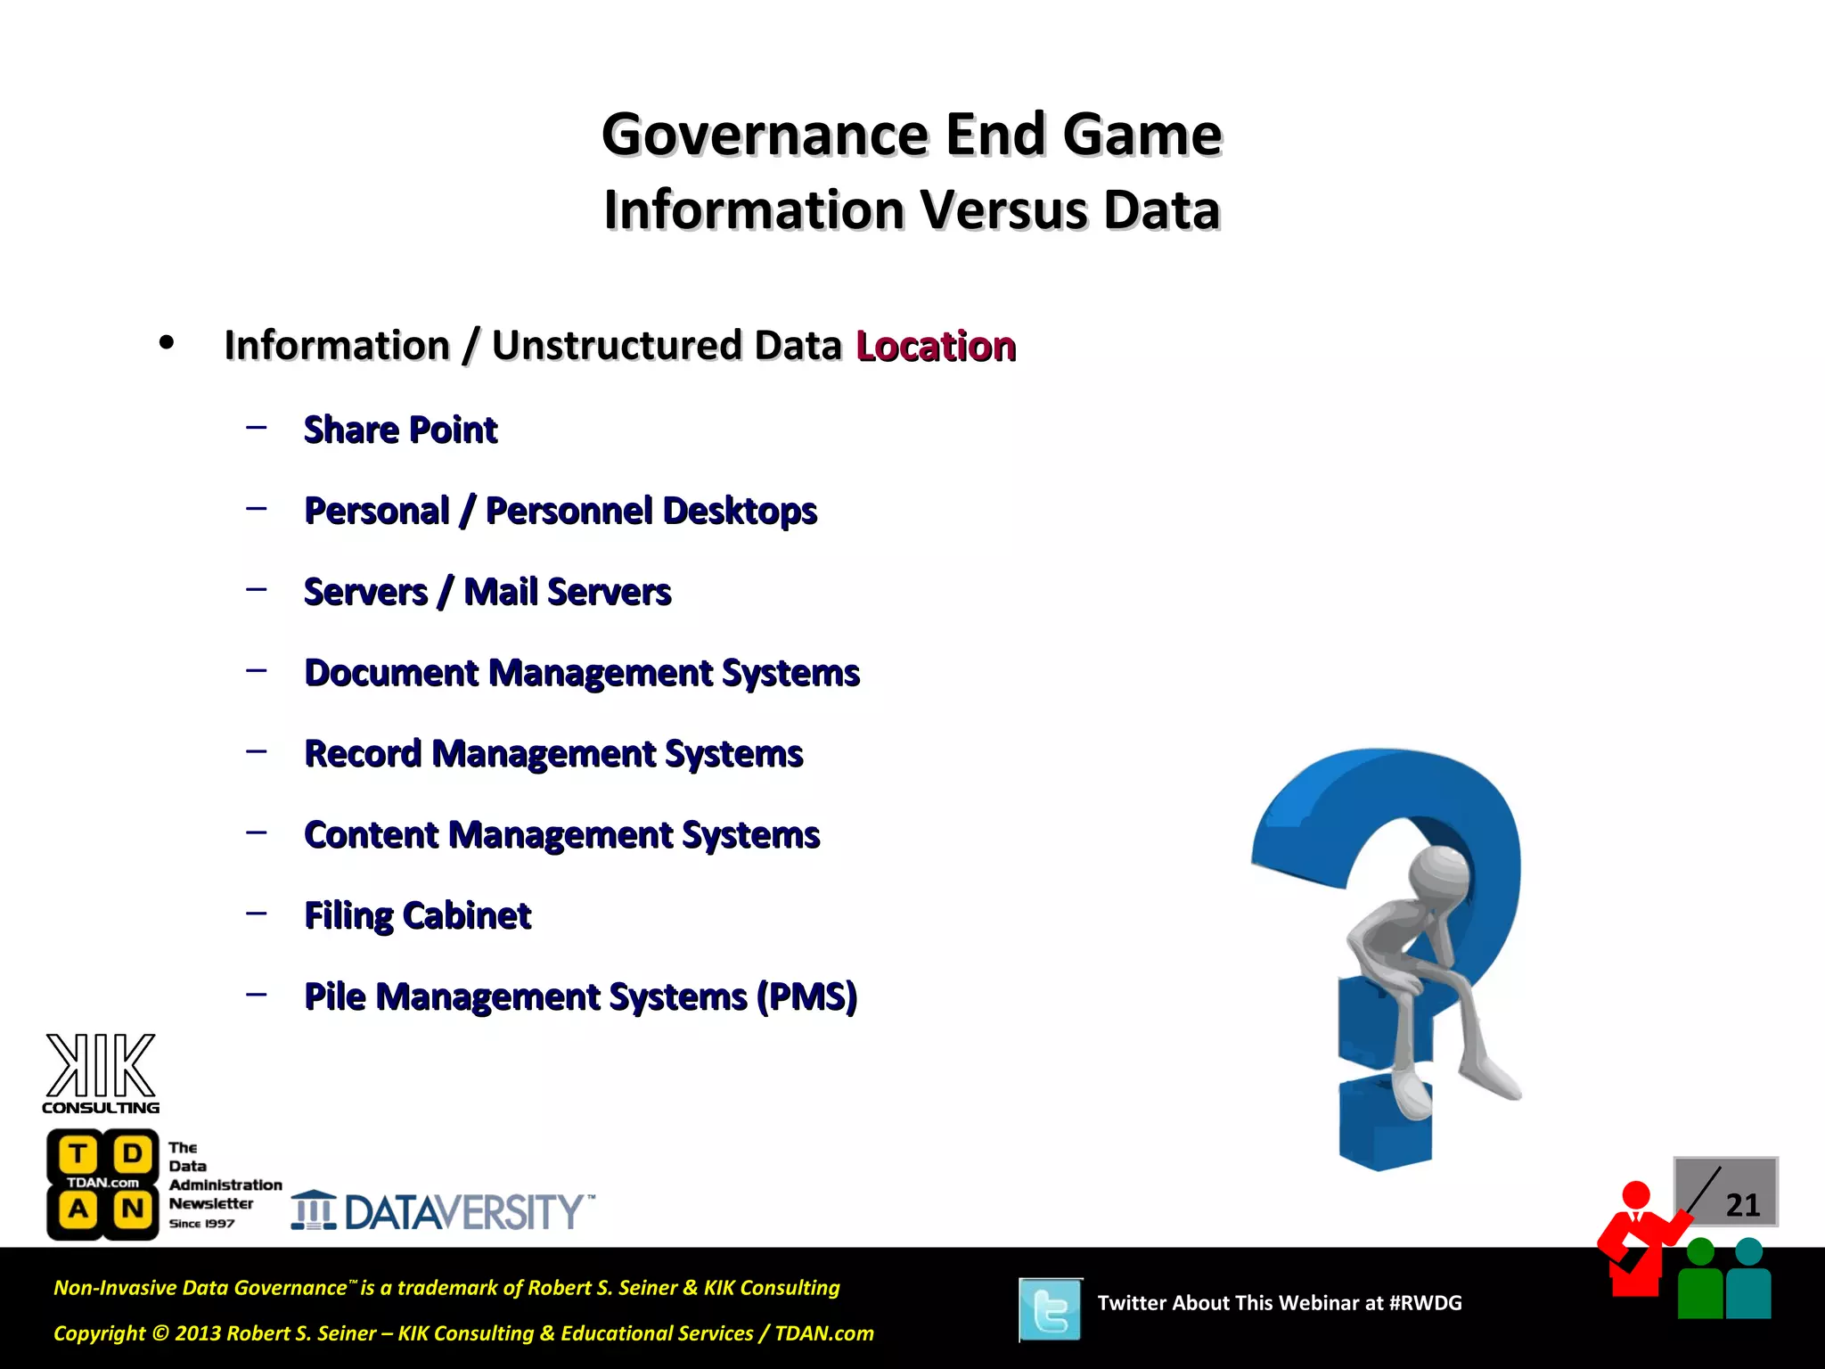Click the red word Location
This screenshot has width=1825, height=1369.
pyautogui.click(x=935, y=346)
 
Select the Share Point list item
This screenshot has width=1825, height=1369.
pyautogui.click(x=400, y=430)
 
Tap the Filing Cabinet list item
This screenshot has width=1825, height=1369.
pyautogui.click(x=417, y=915)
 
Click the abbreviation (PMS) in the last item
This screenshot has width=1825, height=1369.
pyautogui.click(x=806, y=996)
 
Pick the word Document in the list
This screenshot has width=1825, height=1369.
pyautogui.click(x=391, y=673)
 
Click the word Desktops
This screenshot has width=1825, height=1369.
pyautogui.click(x=740, y=511)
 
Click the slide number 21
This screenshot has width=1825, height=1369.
pyautogui.click(x=1742, y=1205)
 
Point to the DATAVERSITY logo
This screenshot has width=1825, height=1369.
pyautogui.click(x=443, y=1211)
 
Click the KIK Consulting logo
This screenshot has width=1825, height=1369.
pyautogui.click(x=101, y=1074)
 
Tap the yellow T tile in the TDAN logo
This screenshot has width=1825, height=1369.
pyautogui.click(x=78, y=1154)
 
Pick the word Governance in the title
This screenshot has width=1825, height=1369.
pyautogui.click(x=765, y=135)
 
